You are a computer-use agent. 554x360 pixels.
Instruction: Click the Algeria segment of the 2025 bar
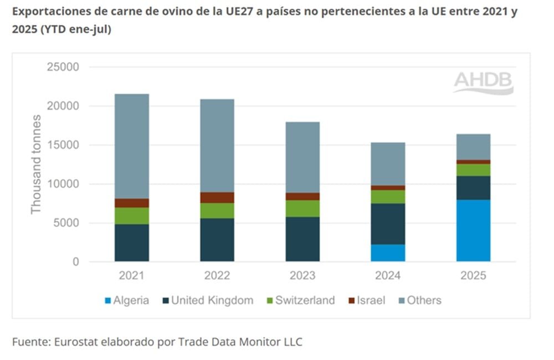tap(473, 230)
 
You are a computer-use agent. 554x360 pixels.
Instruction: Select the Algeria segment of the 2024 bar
tap(388, 253)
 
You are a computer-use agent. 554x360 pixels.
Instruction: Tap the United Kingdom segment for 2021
tap(132, 243)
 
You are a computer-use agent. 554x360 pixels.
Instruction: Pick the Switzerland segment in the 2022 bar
tap(217, 210)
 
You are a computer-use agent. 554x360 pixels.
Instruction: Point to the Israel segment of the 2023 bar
tap(302, 196)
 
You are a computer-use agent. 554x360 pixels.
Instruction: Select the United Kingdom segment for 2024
tap(388, 224)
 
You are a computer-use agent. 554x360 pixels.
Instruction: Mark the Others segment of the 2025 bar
tap(473, 147)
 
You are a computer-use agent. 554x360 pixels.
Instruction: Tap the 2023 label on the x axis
tap(302, 275)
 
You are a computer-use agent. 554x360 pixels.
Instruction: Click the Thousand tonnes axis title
tap(37, 164)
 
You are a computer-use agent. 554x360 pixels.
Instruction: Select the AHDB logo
tap(483, 83)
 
